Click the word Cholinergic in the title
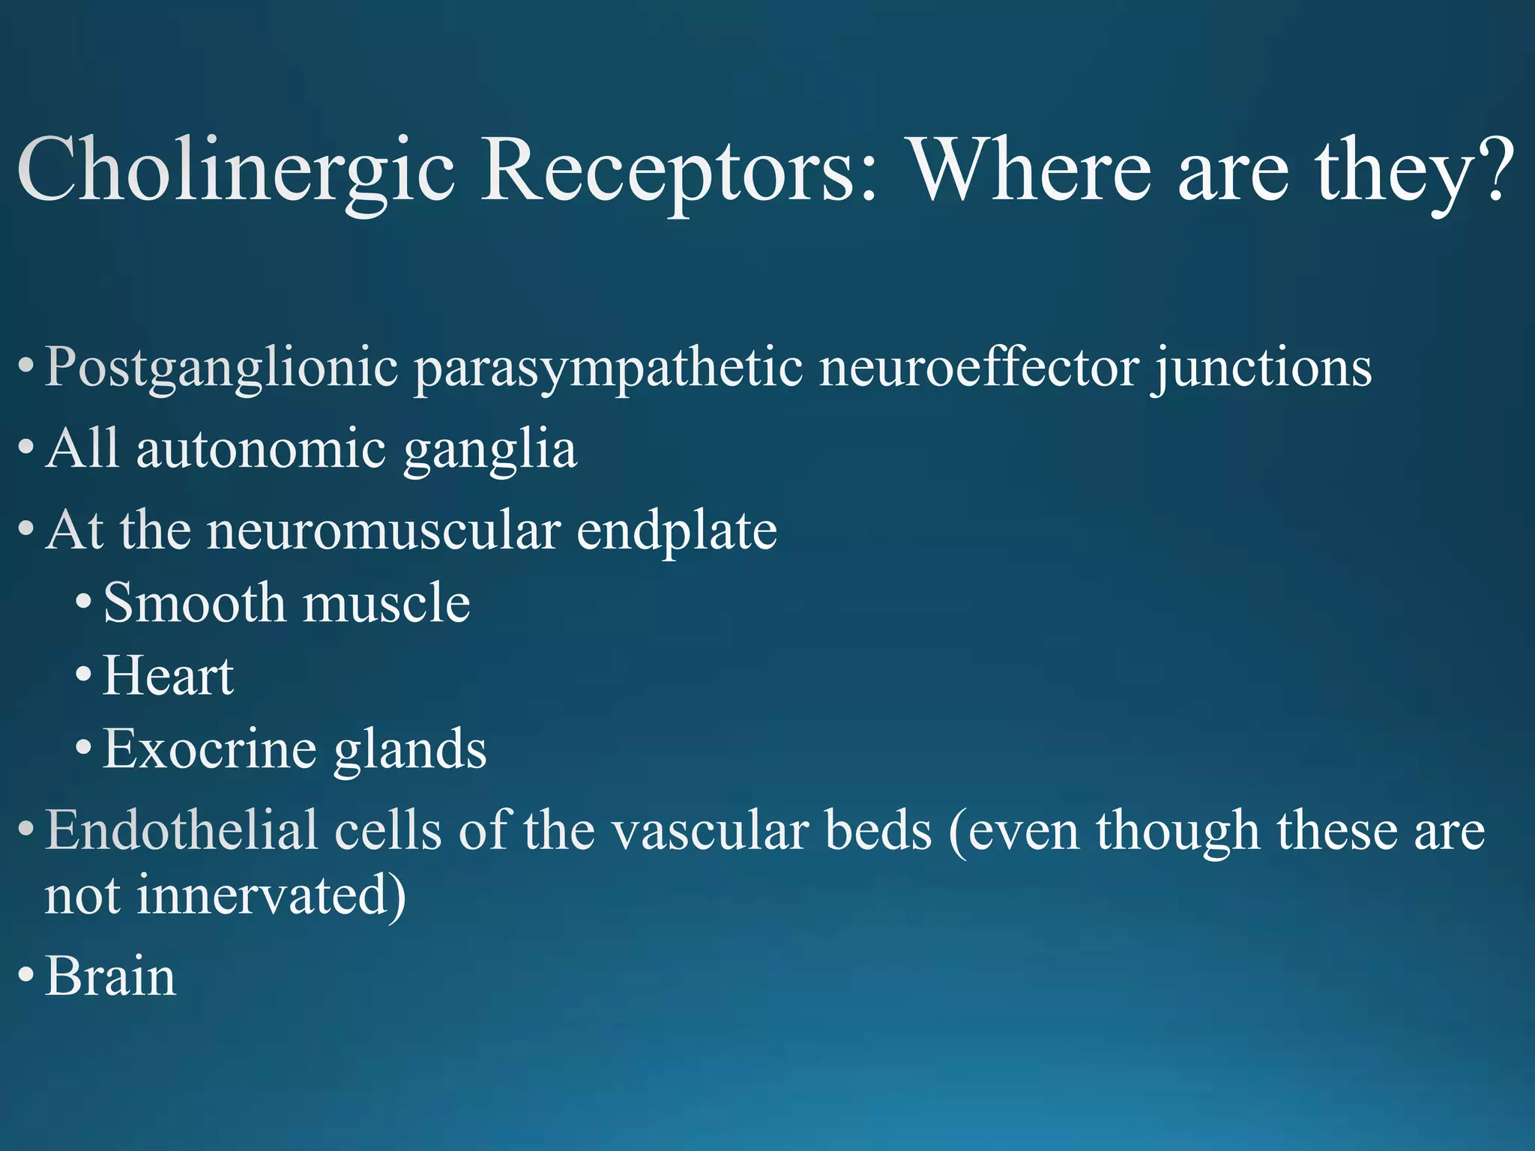(235, 171)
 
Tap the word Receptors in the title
(678, 171)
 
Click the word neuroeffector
(978, 367)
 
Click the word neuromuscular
(383, 531)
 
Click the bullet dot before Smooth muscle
(84, 602)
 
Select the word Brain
(111, 976)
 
